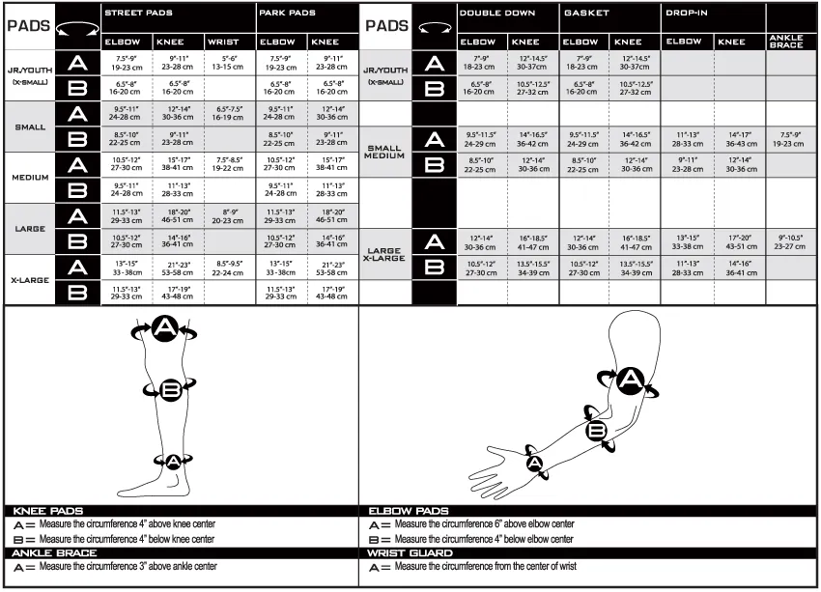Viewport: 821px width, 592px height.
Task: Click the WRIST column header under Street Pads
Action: (x=228, y=42)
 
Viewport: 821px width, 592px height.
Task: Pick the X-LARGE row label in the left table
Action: (x=29, y=280)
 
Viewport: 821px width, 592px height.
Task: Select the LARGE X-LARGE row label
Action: (x=384, y=253)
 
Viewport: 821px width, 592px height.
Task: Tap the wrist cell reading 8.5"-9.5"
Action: (x=229, y=268)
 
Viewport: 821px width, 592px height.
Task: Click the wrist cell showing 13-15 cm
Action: (x=229, y=66)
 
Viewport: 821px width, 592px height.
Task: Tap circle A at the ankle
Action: (x=173, y=461)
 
